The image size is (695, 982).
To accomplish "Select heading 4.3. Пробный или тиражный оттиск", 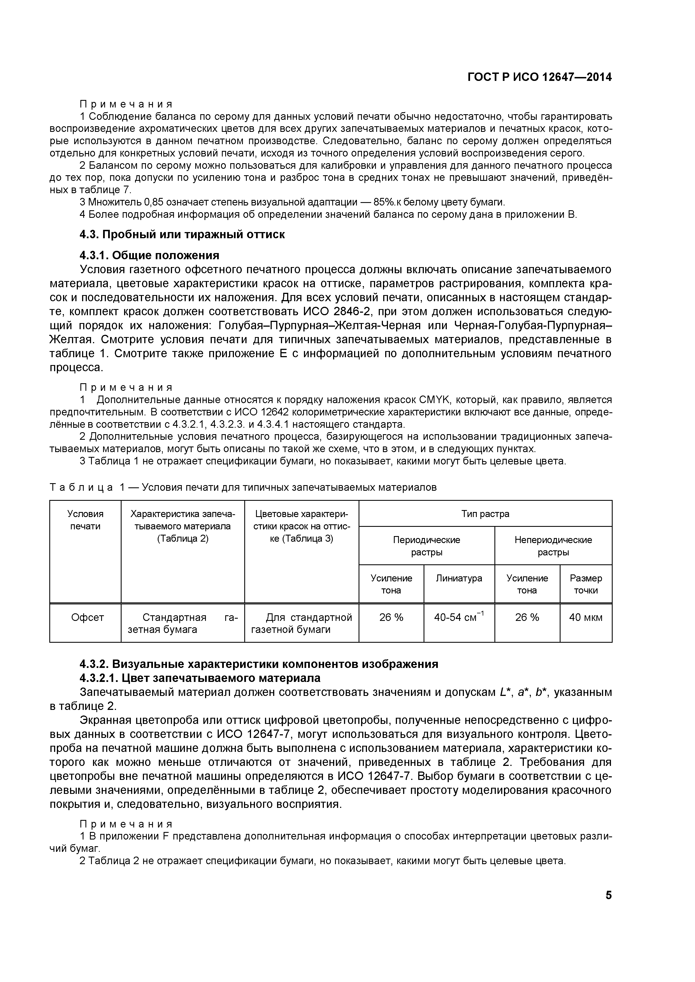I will pos(182,235).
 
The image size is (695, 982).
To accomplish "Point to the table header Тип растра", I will pos(485,514).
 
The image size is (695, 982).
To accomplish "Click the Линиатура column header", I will pos(459,578).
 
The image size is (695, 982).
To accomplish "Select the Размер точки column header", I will pos(585,584).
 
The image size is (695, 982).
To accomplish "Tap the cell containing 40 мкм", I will pos(585,618).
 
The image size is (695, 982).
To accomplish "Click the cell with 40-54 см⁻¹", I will pos(459,618).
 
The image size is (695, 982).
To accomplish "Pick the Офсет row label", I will pos(87,618).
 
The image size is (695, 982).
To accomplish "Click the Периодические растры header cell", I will pos(426,546).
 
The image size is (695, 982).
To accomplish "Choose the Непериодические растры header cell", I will pos(553,546).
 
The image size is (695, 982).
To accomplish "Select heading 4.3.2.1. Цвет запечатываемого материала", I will pos(200,678).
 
